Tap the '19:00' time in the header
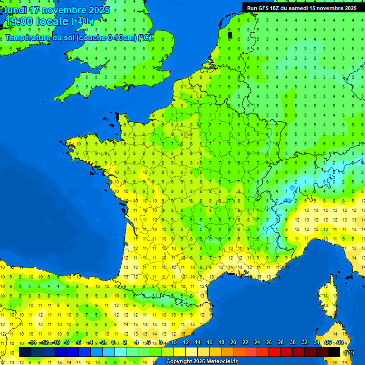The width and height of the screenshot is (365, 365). coord(19,21)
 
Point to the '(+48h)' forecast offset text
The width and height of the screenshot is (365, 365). coord(82,21)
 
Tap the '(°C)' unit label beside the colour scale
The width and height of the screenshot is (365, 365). coord(348,352)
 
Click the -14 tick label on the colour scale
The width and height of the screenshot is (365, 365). coord(32,342)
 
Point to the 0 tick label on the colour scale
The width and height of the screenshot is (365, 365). coord(113,342)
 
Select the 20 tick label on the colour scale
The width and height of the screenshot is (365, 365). coord(233,342)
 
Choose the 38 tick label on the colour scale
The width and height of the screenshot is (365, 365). coord(340,342)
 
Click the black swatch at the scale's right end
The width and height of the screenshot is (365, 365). coord(334,352)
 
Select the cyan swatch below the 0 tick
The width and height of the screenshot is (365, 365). coord(120,352)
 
